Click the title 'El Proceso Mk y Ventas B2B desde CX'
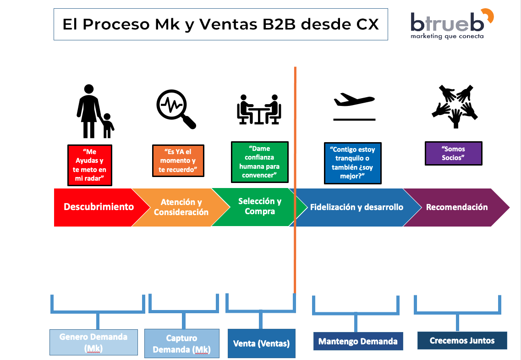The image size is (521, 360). tap(220, 24)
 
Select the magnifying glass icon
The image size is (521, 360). tap(175, 109)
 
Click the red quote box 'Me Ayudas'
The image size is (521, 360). tap(89, 165)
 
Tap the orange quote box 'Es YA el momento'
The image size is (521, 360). tap(178, 161)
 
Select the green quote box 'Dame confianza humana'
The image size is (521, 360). tap(259, 162)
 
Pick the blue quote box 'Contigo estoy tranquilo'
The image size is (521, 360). tap(352, 163)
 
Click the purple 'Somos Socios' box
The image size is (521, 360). tap(453, 154)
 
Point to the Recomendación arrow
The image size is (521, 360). tap(456, 207)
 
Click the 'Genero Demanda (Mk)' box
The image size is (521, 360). tap(93, 342)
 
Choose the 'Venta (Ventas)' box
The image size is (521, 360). tap(261, 343)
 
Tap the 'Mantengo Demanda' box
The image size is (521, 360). tap(357, 341)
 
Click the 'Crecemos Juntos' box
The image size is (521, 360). tap(462, 340)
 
